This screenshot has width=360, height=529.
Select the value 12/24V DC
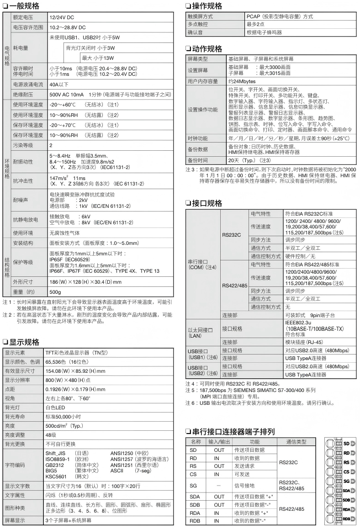[x=62, y=17]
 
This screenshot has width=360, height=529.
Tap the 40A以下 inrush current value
[x=59, y=84]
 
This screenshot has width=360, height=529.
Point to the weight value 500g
[x=55, y=291]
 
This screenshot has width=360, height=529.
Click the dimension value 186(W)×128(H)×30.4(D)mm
[x=85, y=282]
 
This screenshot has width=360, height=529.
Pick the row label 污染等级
[x=23, y=145]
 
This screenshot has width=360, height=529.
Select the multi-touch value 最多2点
[x=255, y=24]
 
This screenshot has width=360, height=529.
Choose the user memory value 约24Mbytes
[x=242, y=81]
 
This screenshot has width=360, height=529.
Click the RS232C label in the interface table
[x=231, y=235]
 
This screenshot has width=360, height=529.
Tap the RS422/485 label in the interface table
[x=235, y=286]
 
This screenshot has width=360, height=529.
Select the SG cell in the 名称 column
[x=193, y=486]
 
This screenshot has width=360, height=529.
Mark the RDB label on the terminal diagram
[x=346, y=518]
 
